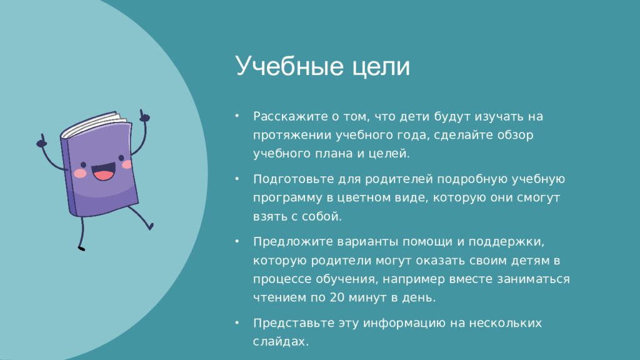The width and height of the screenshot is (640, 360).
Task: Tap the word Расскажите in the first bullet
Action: tap(291, 116)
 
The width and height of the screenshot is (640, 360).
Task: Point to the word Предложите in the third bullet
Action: tap(292, 242)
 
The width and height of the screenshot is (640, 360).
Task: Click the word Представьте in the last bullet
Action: tap(294, 323)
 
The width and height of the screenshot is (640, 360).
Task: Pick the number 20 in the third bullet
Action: tap(337, 297)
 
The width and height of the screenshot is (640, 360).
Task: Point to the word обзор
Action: tap(515, 135)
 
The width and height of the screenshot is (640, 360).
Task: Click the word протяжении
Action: tap(292, 135)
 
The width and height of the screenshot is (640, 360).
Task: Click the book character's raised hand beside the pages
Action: tap(144, 116)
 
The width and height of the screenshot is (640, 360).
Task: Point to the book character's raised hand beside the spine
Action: tap(41, 141)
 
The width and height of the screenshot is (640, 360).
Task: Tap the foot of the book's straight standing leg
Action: tap(81, 247)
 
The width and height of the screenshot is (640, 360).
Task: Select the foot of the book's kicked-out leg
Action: tap(151, 226)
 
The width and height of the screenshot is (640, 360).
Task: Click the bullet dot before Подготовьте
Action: tap(237, 179)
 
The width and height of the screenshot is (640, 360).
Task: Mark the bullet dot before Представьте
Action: tap(237, 323)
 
